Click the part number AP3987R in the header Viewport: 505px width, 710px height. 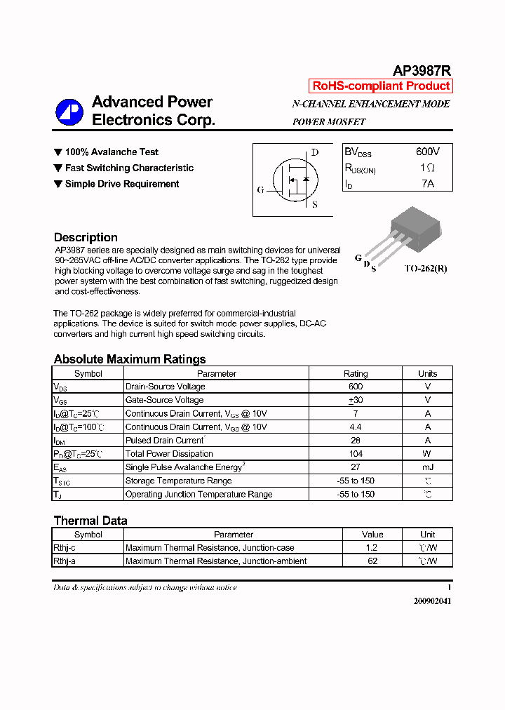422,70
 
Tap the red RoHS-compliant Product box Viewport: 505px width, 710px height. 381,86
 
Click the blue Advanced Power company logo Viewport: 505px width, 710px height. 69,112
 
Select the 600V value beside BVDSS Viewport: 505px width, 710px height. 428,152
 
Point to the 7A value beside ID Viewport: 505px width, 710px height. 428,184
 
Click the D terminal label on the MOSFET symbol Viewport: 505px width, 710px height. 315,152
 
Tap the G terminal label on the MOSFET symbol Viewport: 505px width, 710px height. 260,190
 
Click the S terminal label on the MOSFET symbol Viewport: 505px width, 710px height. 314,205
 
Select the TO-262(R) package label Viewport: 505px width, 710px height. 425,269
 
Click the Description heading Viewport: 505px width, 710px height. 86,237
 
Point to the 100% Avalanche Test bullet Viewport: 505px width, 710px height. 112,152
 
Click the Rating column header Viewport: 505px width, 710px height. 356,374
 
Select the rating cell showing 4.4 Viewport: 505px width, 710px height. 356,427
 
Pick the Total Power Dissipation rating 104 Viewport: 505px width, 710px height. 356,454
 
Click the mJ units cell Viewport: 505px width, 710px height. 427,467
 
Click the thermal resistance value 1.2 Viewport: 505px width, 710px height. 372,548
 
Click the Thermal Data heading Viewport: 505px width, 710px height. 90,521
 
